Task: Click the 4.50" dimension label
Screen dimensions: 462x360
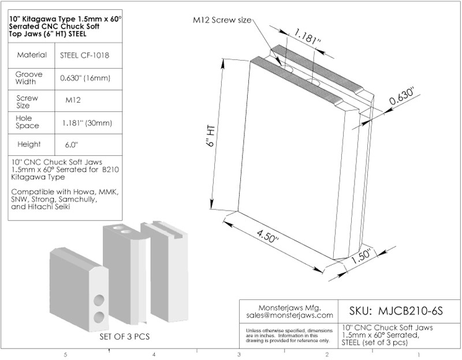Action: (x=267, y=237)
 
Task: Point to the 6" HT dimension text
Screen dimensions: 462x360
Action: (x=211, y=136)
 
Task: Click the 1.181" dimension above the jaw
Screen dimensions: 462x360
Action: (x=307, y=37)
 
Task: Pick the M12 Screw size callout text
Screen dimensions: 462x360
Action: (x=222, y=20)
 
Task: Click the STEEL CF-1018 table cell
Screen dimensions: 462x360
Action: (x=84, y=55)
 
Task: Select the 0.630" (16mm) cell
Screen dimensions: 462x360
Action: (x=85, y=78)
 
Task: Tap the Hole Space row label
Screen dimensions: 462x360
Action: (x=27, y=122)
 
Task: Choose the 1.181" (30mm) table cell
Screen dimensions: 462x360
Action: (x=87, y=123)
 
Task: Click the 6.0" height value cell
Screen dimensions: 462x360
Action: (x=72, y=145)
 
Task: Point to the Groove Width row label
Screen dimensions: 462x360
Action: (x=29, y=78)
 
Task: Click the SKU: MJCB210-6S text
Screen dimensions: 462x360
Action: (x=396, y=311)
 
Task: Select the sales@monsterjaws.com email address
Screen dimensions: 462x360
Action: (x=290, y=315)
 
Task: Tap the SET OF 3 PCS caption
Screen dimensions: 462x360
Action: (x=125, y=336)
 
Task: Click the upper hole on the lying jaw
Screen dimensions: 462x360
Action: (x=99, y=300)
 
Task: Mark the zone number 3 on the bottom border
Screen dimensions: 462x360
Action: (x=239, y=355)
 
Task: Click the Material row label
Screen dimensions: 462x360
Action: (x=32, y=55)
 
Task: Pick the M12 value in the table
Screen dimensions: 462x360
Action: (x=73, y=100)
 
